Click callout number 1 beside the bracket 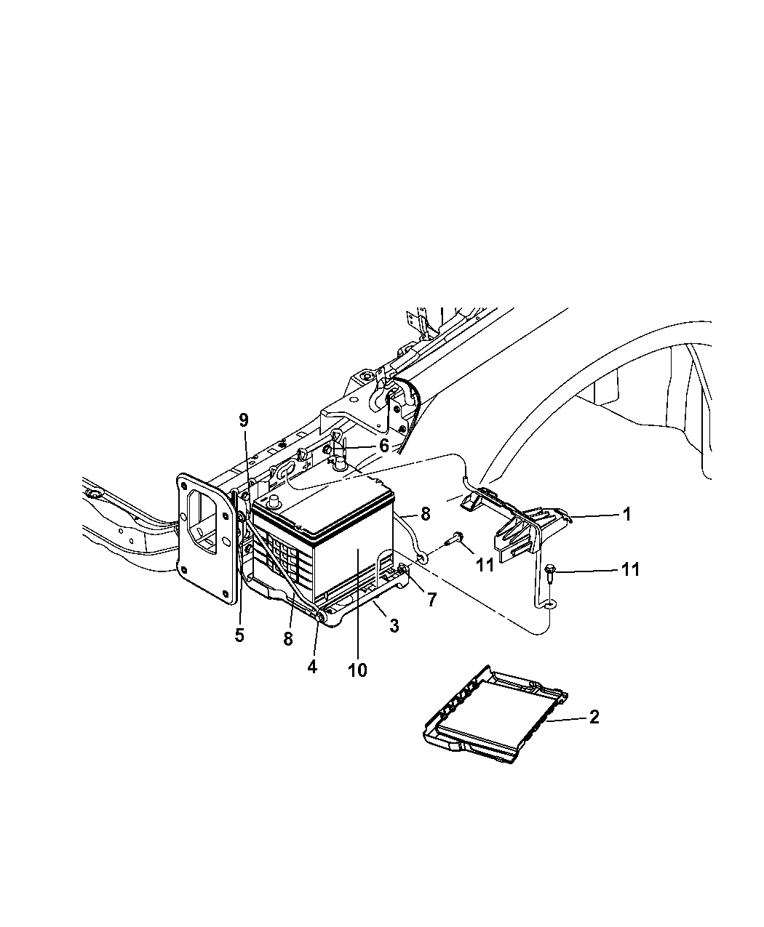click(625, 514)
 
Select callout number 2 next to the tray click(594, 717)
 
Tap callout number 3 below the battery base click(394, 625)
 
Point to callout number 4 click(312, 666)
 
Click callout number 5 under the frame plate click(239, 635)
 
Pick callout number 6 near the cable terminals click(383, 446)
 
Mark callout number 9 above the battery click(244, 420)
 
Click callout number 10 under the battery click(357, 669)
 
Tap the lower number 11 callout click(629, 569)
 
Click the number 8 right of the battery click(425, 513)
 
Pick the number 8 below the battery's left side click(288, 638)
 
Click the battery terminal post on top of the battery click(275, 501)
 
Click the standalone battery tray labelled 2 click(495, 716)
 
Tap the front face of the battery click(349, 574)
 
